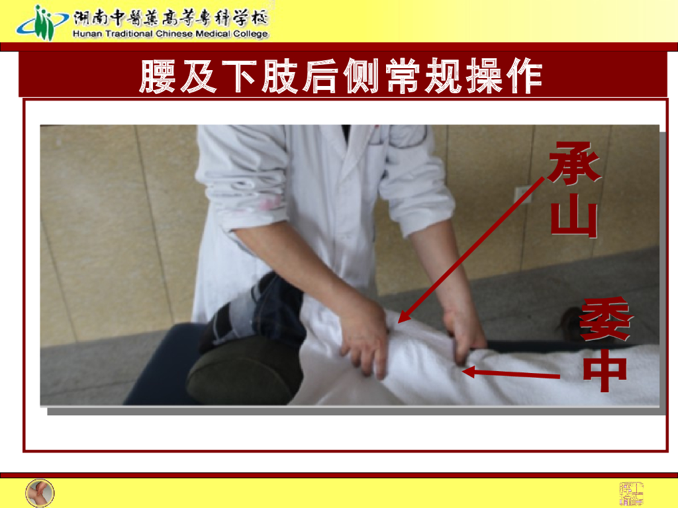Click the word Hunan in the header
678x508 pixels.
click(x=88, y=34)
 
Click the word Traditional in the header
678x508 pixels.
click(x=128, y=34)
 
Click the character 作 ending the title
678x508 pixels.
click(x=525, y=77)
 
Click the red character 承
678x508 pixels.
click(x=574, y=163)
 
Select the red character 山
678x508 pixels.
click(x=574, y=218)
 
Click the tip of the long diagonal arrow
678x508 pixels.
click(x=399, y=321)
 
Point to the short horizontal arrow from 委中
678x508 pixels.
click(x=510, y=374)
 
